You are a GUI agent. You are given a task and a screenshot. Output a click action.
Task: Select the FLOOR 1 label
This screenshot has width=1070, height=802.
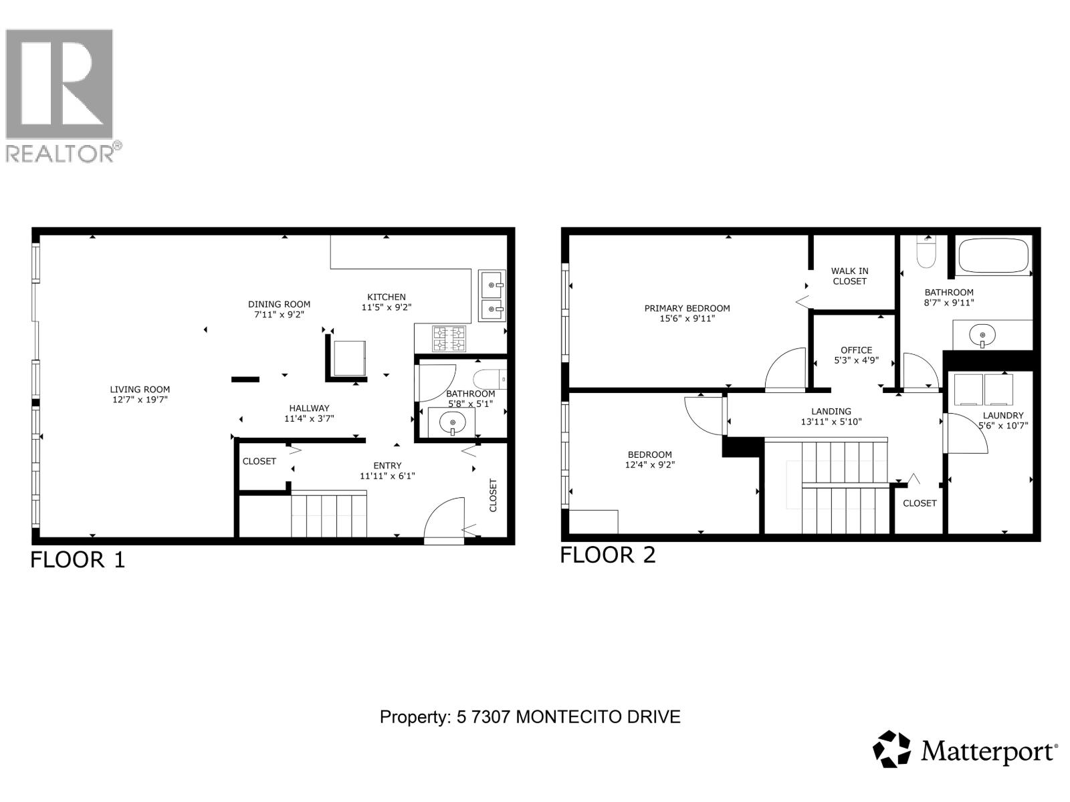pyautogui.click(x=78, y=559)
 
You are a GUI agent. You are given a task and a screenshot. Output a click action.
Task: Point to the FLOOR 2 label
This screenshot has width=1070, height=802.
pyautogui.click(x=607, y=555)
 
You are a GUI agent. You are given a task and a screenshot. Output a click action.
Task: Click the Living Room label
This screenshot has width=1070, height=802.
pyautogui.click(x=140, y=389)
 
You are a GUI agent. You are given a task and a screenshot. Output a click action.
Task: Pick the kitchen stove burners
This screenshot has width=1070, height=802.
pyautogui.click(x=449, y=338)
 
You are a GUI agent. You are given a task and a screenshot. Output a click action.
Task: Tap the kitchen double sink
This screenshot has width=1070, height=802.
pyautogui.click(x=492, y=297)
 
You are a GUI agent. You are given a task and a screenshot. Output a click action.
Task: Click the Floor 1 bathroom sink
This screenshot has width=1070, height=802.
pyautogui.click(x=453, y=422)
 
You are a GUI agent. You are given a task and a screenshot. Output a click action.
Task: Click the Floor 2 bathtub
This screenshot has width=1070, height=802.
pyautogui.click(x=993, y=256)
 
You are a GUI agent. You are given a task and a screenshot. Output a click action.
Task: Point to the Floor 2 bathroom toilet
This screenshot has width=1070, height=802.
pyautogui.click(x=926, y=252)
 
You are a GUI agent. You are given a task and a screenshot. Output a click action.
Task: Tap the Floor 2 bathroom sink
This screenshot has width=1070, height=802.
pyautogui.click(x=981, y=334)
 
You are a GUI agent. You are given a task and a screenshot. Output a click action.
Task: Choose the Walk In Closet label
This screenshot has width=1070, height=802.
pyautogui.click(x=849, y=276)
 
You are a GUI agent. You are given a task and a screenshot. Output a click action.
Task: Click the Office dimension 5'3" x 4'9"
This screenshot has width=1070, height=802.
pyautogui.click(x=856, y=360)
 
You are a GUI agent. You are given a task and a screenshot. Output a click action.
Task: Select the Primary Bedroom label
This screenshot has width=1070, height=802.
pyautogui.click(x=687, y=308)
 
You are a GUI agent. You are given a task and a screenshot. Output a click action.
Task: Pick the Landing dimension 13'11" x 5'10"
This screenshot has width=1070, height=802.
pyautogui.click(x=831, y=422)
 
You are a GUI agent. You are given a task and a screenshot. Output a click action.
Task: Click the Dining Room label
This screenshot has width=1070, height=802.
pyautogui.click(x=279, y=304)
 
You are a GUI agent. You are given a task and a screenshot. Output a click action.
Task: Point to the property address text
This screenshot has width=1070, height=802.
pyautogui.click(x=530, y=717)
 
